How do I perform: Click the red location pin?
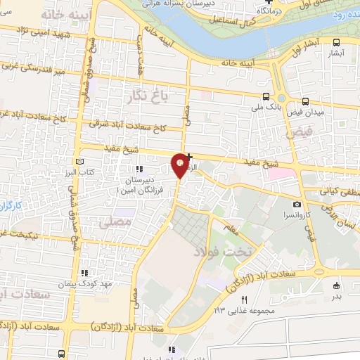(x=181, y=164)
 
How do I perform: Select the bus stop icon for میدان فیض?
(x=305, y=101)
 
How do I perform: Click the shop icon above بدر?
(x=335, y=285)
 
